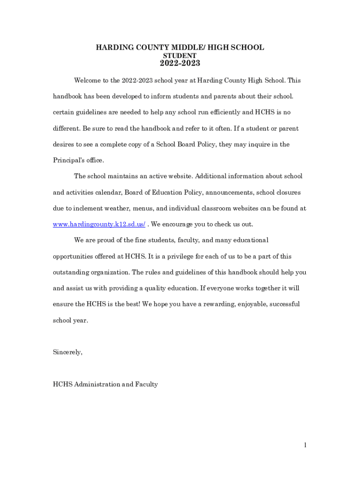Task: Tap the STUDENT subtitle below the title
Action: tap(180, 56)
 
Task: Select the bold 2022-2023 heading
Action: tap(180, 64)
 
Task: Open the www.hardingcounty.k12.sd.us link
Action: tap(99, 224)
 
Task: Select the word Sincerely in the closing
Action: tap(68, 352)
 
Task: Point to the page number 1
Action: tap(305, 445)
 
